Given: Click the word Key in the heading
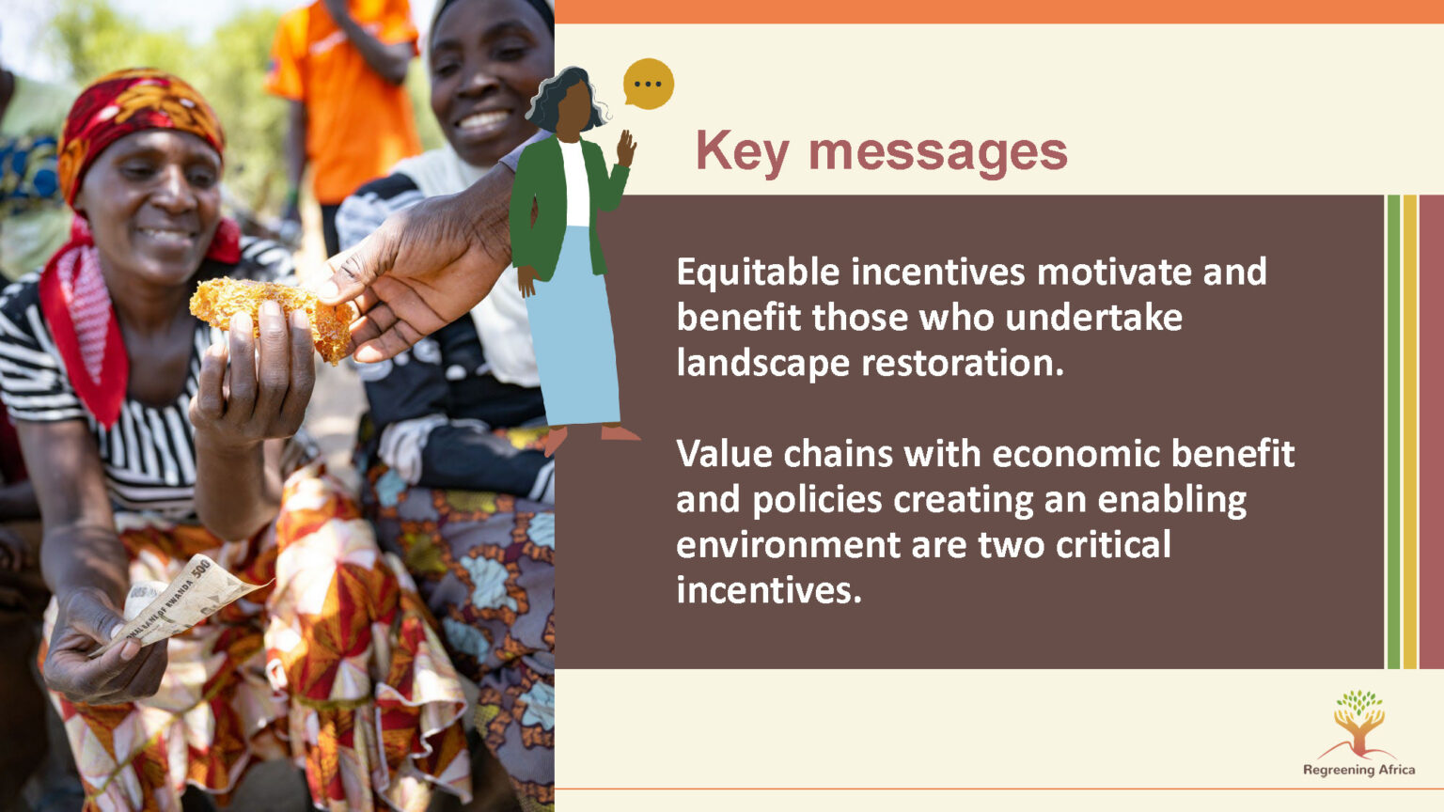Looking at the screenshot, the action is tap(743, 153).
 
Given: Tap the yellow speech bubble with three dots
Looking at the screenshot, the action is tap(648, 84).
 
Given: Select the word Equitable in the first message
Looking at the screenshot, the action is tap(758, 273).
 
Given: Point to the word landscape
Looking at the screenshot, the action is tap(763, 364).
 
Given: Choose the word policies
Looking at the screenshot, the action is tap(817, 501).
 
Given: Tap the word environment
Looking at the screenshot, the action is tap(787, 545).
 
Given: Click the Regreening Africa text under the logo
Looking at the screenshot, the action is tap(1358, 770).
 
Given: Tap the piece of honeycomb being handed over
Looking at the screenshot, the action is tap(272, 316).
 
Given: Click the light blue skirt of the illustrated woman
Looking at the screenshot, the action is tap(573, 336).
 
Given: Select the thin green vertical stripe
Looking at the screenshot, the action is tap(1393, 431).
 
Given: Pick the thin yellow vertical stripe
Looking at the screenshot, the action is tap(1410, 431).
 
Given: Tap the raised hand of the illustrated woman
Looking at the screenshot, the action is tap(626, 148).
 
